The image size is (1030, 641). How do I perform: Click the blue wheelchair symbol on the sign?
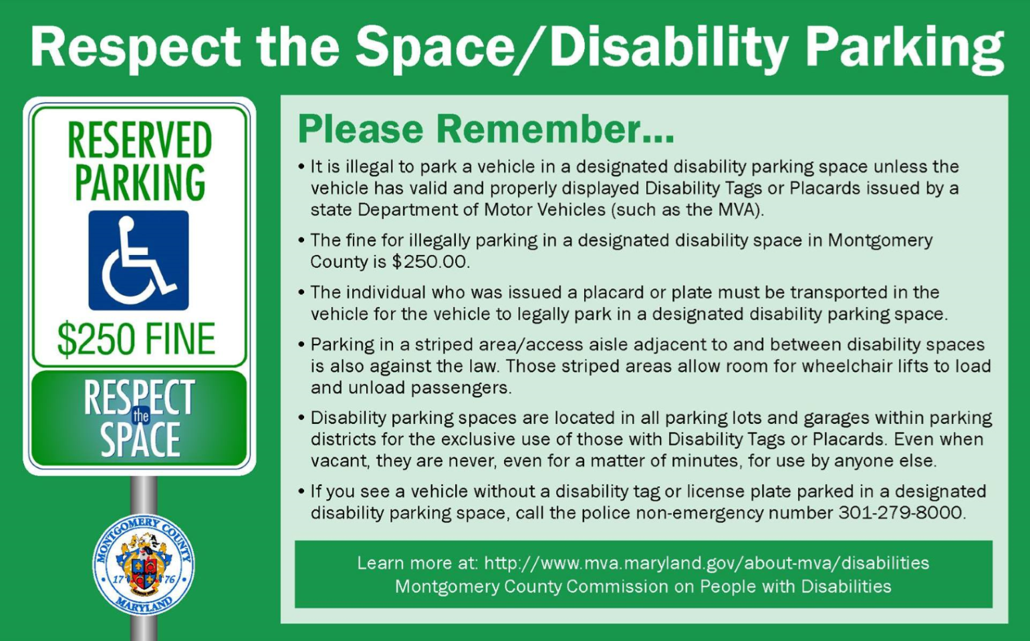[138, 260]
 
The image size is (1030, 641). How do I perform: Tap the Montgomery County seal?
[144, 565]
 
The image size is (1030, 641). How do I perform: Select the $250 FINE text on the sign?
[136, 339]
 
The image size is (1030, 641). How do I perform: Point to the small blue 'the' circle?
[140, 416]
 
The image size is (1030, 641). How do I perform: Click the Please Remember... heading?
[485, 130]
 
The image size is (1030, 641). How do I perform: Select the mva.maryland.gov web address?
[706, 563]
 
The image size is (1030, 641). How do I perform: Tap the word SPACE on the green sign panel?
[140, 440]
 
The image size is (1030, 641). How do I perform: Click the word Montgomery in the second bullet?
[880, 240]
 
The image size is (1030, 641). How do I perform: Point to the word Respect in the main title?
[135, 48]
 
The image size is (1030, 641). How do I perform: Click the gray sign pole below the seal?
[144, 627]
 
